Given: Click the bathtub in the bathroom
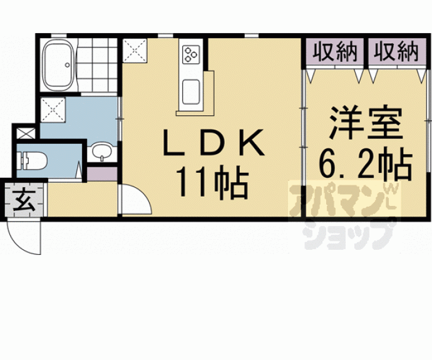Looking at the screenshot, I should [60, 65].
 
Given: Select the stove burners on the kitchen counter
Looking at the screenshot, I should [191, 54].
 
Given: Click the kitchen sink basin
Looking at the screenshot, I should [191, 91].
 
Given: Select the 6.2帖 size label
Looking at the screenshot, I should [366, 164].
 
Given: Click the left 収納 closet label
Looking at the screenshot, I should [334, 51].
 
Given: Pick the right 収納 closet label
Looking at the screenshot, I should [396, 51].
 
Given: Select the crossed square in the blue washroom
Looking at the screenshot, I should [53, 110].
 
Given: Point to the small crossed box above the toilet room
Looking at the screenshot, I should [26, 133].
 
